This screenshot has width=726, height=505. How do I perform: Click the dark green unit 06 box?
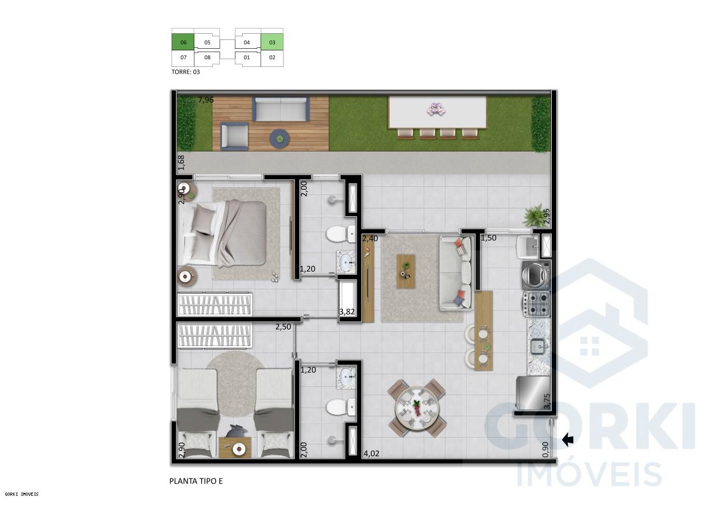pos(183,43)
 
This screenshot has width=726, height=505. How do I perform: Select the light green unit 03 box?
pos(272,43)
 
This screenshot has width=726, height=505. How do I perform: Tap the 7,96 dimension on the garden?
pos(206,100)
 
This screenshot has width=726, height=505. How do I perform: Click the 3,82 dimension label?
pos(346,312)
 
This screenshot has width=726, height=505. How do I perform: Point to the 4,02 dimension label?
pos(371,454)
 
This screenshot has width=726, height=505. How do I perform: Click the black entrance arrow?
pos(568,440)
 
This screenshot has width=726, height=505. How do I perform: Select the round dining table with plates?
pos(417,406)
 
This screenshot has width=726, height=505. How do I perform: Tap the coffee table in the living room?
pos(406,271)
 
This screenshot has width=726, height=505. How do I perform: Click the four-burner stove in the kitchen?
pos(536,304)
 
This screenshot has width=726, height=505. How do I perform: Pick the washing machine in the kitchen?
pos(536,275)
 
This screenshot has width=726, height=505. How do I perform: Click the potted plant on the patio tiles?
pos(533,216)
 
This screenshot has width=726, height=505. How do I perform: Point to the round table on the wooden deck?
pos(280,138)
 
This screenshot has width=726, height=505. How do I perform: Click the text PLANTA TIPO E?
pos(196,481)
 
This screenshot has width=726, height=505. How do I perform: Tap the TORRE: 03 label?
pos(186,72)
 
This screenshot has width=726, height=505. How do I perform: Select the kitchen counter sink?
pos(537,345)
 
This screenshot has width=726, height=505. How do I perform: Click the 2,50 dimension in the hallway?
pos(283,327)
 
